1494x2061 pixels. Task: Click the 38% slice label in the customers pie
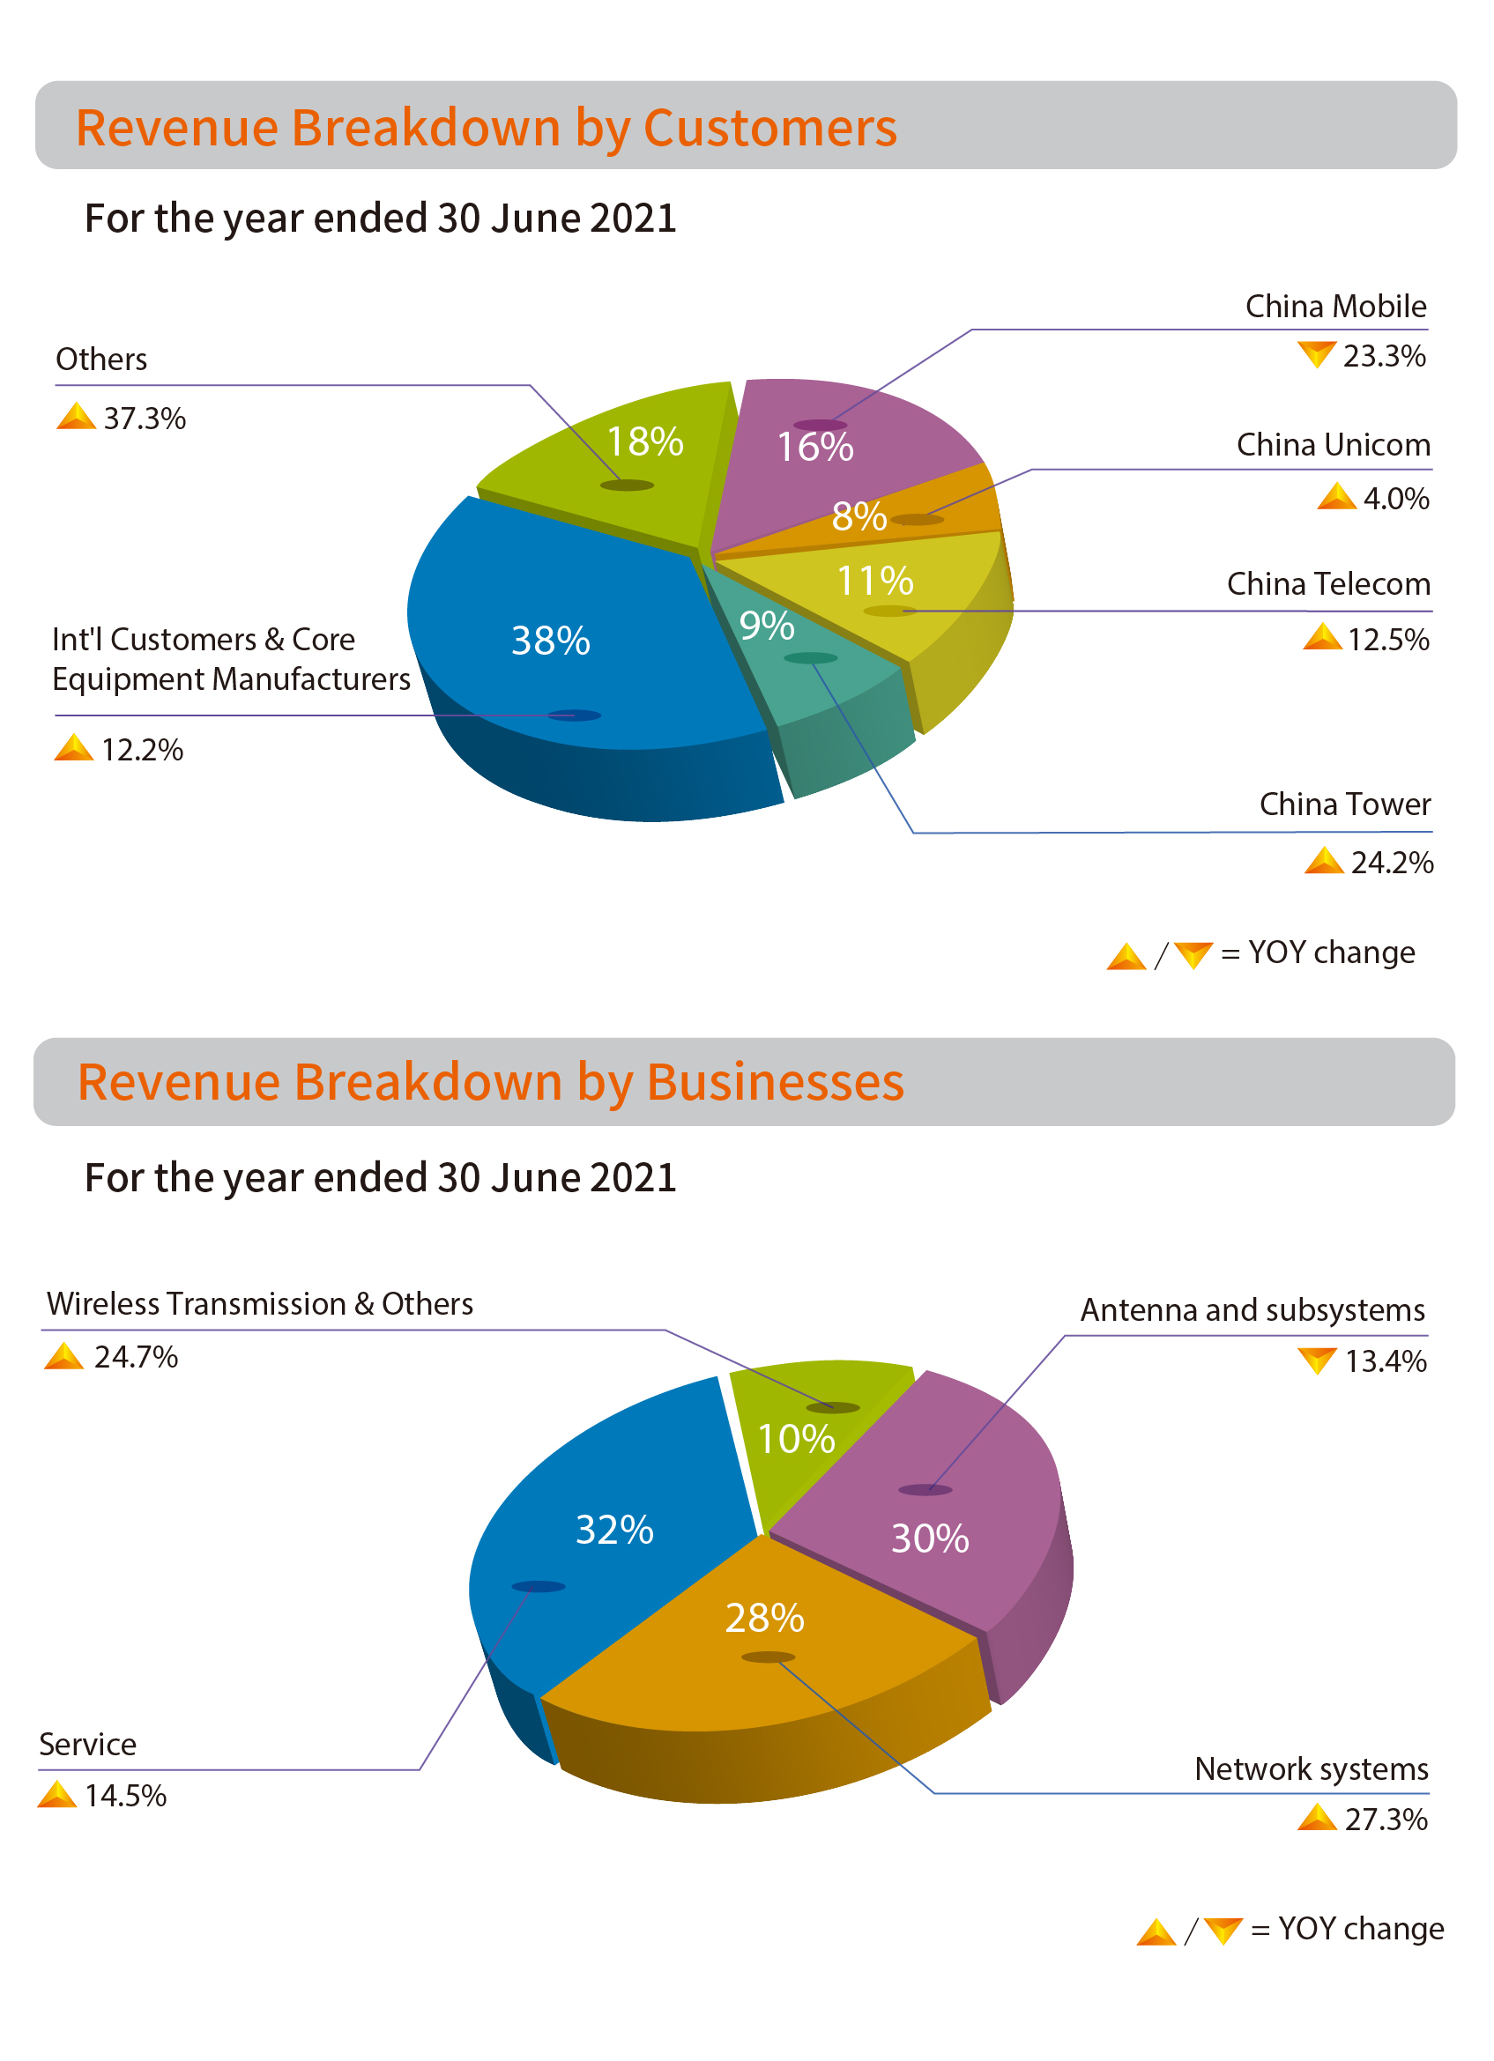pyautogui.click(x=551, y=641)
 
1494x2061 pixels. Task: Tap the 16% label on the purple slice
pyautogui.click(x=815, y=447)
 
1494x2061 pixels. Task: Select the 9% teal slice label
pyautogui.click(x=767, y=626)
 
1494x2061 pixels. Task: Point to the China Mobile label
pyautogui.click(x=1335, y=308)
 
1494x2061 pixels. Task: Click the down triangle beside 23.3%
pyautogui.click(x=1316, y=354)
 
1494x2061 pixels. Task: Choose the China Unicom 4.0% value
pyautogui.click(x=1396, y=499)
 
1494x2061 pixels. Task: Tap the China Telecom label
pyautogui.click(x=1327, y=584)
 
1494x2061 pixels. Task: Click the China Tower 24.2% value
pyautogui.click(x=1391, y=863)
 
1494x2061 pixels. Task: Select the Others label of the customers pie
pyautogui.click(x=101, y=360)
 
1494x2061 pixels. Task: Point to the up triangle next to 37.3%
pyautogui.click(x=77, y=416)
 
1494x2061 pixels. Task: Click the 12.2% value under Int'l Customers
pyautogui.click(x=143, y=751)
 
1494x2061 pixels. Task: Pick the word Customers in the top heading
pyautogui.click(x=769, y=128)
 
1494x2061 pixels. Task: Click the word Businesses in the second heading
pyautogui.click(x=775, y=1082)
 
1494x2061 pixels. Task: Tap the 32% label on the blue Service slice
pyautogui.click(x=615, y=1531)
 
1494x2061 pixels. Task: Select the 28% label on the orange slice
pyautogui.click(x=765, y=1619)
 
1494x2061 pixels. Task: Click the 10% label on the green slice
pyautogui.click(x=796, y=1440)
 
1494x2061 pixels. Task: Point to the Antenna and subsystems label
pyautogui.click(x=1252, y=1310)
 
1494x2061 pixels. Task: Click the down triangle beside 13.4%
pyautogui.click(x=1317, y=1360)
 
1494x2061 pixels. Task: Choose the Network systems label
pyautogui.click(x=1312, y=1769)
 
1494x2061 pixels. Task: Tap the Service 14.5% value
pyautogui.click(x=125, y=1797)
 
